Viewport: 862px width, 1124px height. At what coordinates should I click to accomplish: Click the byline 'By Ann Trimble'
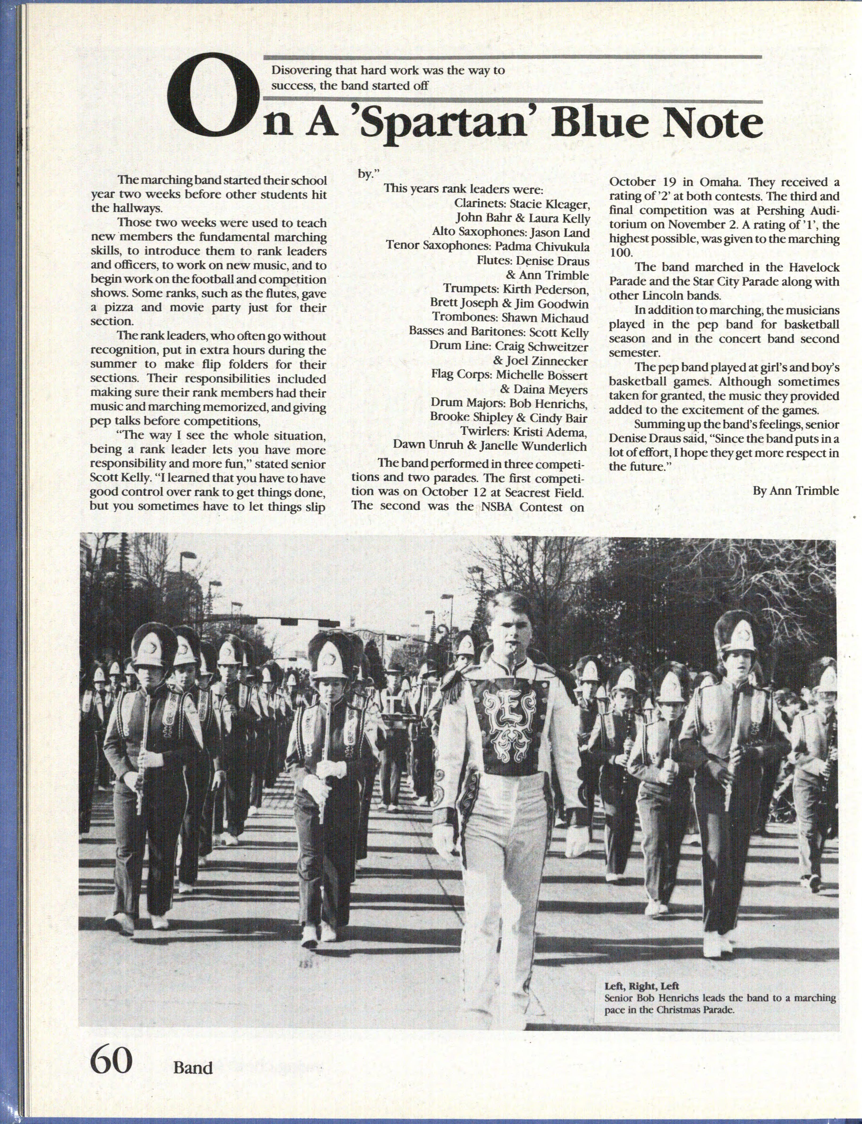point(796,490)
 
